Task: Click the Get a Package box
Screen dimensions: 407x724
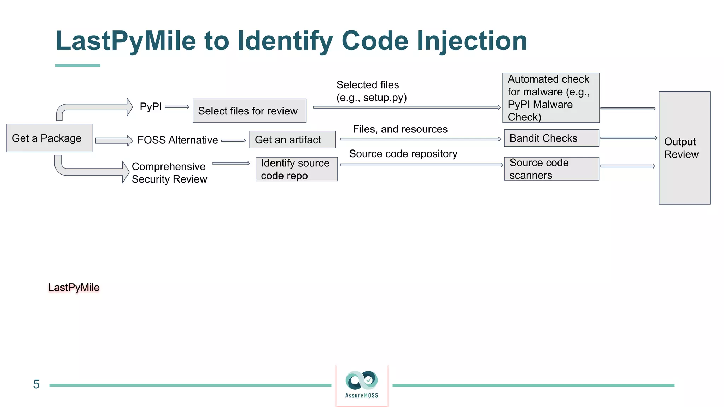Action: click(49, 138)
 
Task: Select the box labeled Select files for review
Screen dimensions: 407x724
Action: click(249, 111)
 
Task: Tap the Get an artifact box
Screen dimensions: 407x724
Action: click(292, 140)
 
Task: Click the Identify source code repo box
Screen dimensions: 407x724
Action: click(296, 169)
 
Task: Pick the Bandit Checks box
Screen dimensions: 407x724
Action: click(551, 138)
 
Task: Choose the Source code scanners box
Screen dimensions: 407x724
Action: click(551, 169)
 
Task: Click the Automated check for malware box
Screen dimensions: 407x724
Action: click(550, 98)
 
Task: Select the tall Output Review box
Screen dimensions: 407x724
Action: click(684, 148)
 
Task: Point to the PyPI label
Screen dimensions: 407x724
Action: click(151, 106)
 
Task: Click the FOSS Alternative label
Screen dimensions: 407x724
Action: click(177, 140)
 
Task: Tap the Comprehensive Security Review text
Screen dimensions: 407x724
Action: click(169, 173)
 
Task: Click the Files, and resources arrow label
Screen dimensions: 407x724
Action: click(400, 129)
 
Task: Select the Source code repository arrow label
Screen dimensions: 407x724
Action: click(403, 154)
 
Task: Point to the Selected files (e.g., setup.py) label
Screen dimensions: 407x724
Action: click(371, 91)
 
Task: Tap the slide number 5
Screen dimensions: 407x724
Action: click(36, 384)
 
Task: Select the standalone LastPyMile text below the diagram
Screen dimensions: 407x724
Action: click(74, 287)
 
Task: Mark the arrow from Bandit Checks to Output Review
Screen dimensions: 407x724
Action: click(628, 138)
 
